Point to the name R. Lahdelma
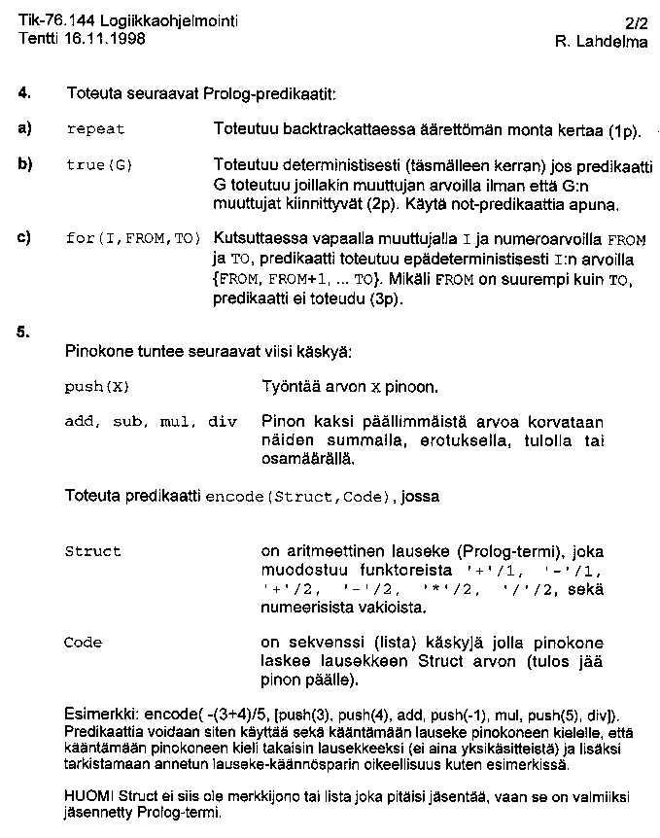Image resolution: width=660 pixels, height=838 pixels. (601, 42)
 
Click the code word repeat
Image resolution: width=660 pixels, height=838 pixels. (95, 129)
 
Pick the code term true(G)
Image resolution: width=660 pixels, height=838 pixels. (98, 165)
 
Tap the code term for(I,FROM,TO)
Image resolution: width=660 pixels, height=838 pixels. (132, 239)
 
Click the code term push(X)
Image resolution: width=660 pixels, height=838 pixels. (96, 387)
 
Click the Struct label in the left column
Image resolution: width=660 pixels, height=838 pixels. (92, 551)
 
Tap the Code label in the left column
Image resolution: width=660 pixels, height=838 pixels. (83, 643)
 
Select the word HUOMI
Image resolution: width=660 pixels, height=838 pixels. (87, 797)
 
